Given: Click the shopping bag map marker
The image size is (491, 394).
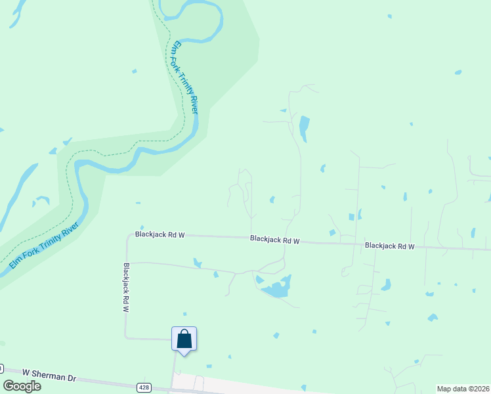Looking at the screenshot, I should [x=184, y=339].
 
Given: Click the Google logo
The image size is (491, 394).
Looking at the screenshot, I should [x=22, y=385].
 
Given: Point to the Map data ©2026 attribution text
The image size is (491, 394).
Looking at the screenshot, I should [x=463, y=389].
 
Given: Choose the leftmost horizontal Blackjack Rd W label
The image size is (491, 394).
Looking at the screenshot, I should [x=160, y=234].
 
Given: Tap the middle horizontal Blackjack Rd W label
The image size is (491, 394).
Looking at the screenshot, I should [x=274, y=240].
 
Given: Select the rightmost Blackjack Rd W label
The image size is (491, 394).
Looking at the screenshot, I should [x=390, y=246].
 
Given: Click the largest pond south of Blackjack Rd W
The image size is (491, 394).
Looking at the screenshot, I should [x=278, y=287].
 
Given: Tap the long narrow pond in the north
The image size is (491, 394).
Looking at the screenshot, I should [x=304, y=128].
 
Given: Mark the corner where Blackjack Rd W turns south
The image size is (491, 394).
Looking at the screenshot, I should [x=127, y=235].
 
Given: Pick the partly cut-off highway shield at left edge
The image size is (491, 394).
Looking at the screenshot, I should [x=1, y=368].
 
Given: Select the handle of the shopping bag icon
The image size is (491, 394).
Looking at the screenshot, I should [x=184, y=334].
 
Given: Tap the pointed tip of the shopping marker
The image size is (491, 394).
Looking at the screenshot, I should [x=184, y=355].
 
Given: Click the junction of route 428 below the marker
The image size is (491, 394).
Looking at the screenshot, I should [x=174, y=383].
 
